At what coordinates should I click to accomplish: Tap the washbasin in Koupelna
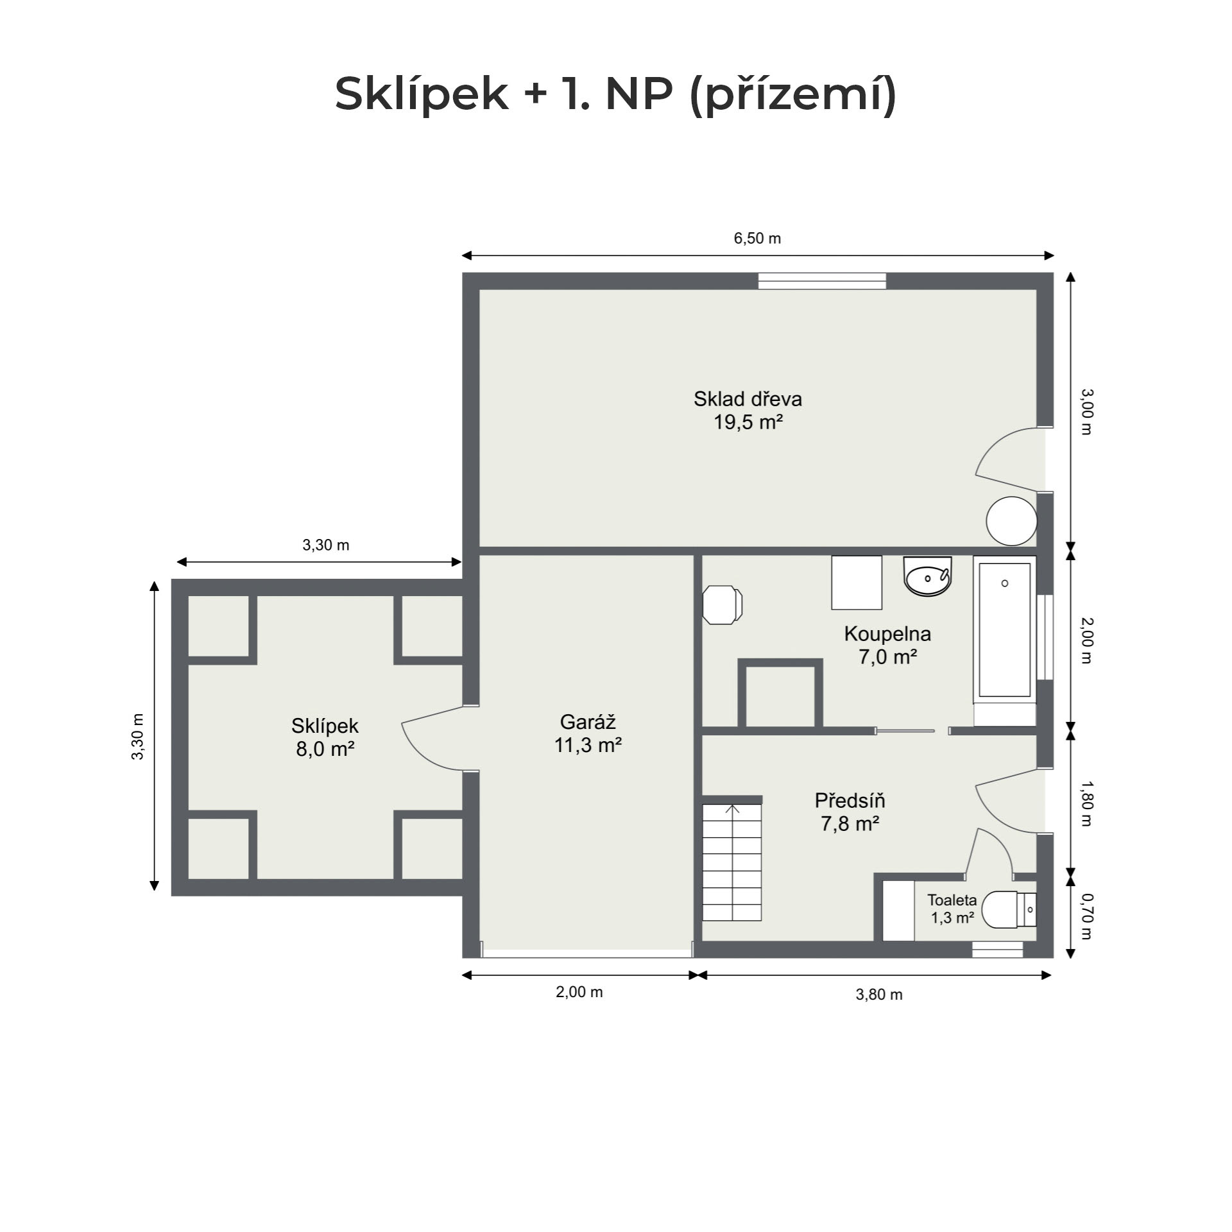click(x=927, y=576)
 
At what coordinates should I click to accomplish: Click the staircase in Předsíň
click(x=732, y=863)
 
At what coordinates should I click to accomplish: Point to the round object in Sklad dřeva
click(x=1011, y=521)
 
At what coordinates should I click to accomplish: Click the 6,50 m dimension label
click(x=757, y=239)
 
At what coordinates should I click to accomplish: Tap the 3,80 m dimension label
click(x=879, y=995)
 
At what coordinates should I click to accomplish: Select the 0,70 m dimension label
click(x=1086, y=916)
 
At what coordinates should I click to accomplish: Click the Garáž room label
click(x=588, y=722)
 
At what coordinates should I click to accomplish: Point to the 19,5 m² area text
click(x=749, y=422)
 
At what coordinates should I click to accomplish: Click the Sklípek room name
click(x=325, y=726)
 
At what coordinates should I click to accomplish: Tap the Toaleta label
click(x=952, y=900)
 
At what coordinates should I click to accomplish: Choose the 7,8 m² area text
click(x=850, y=823)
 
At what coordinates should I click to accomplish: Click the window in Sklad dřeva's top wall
click(x=822, y=281)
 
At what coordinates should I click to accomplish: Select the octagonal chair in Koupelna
click(x=723, y=604)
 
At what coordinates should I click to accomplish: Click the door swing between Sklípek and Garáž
click(x=427, y=738)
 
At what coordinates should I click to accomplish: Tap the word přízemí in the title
click(x=793, y=95)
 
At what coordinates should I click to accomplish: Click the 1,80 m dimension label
click(x=1086, y=803)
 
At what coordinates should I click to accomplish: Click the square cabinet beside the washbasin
click(x=857, y=583)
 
